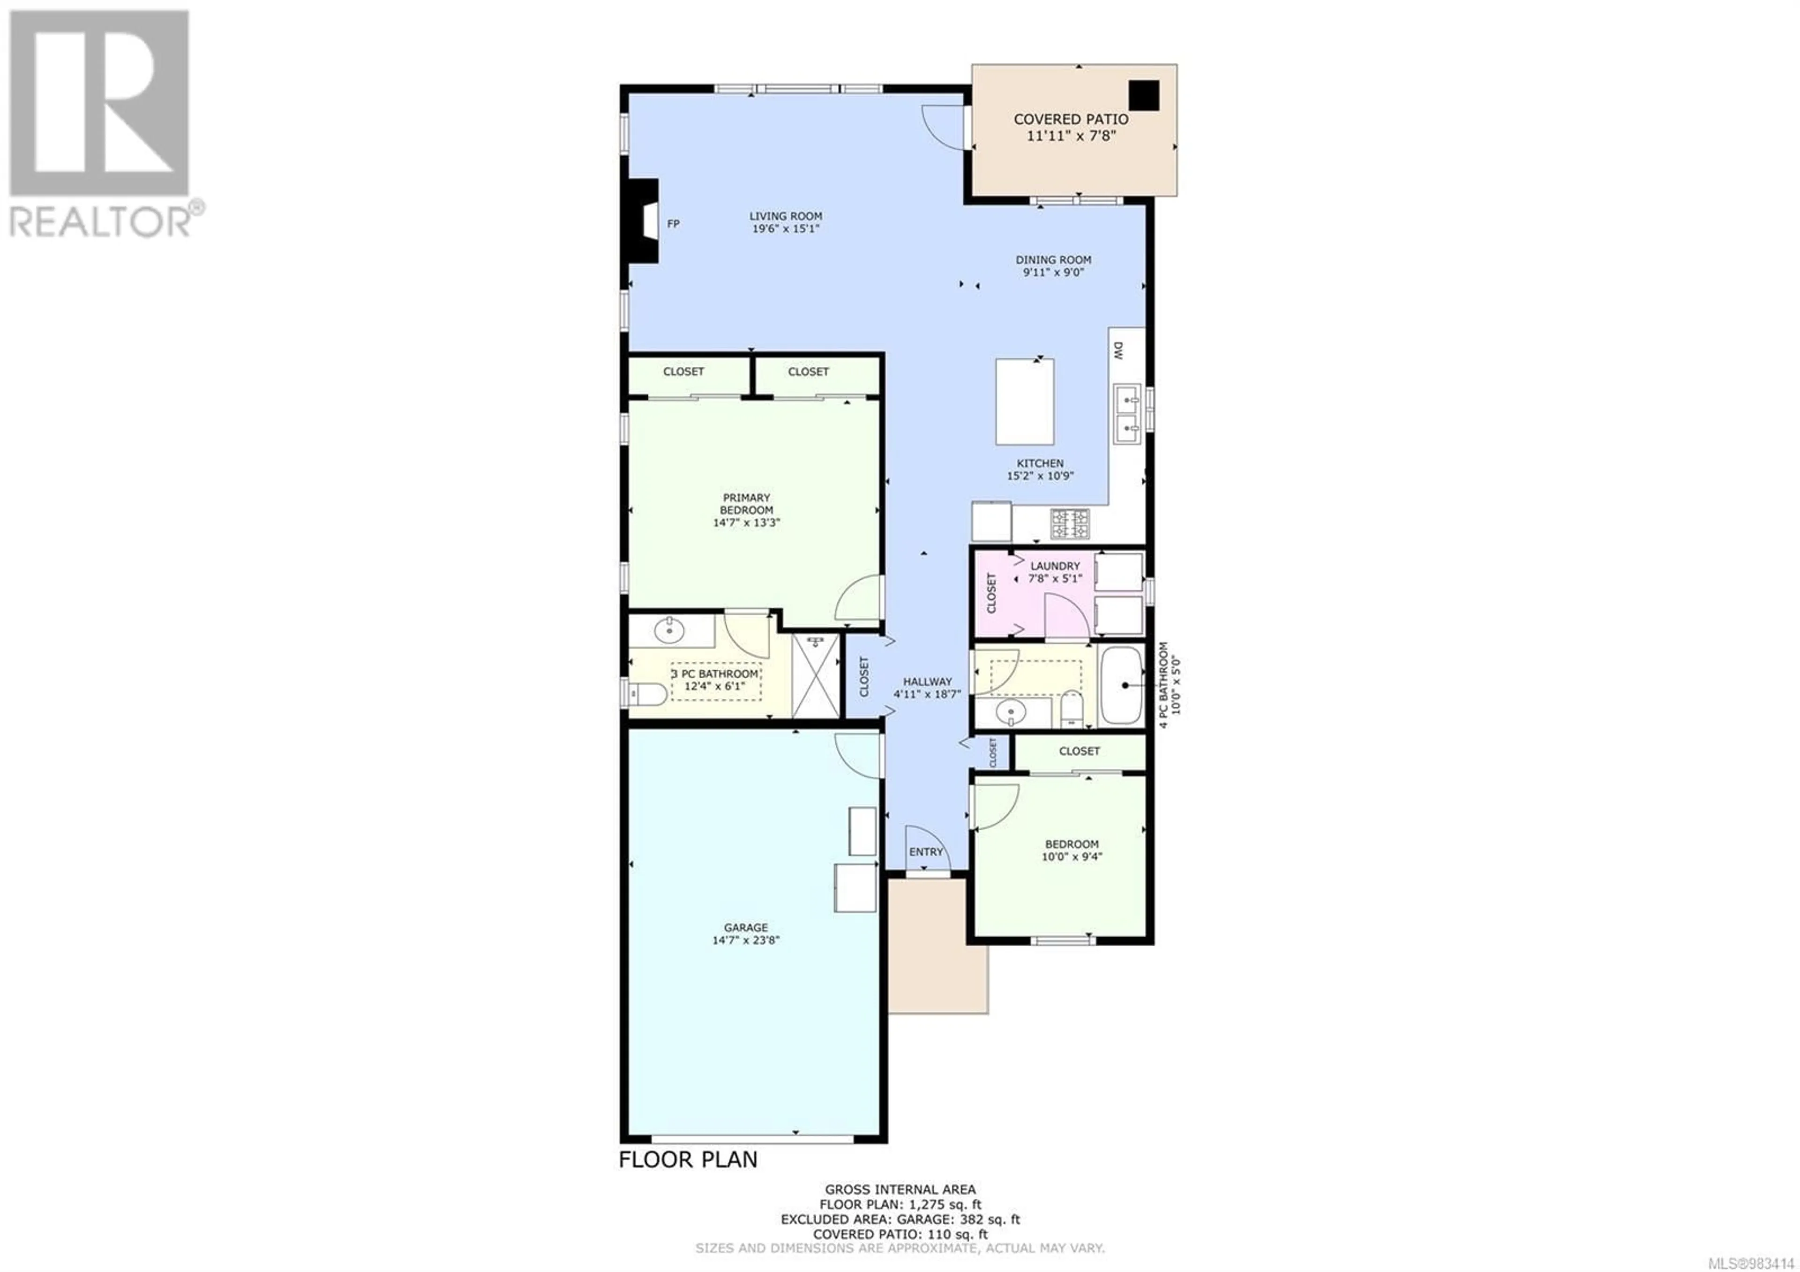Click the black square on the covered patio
coord(1144,96)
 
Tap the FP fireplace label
coord(673,224)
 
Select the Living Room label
coord(786,216)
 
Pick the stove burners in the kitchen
coord(1070,523)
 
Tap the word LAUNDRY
coord(1055,566)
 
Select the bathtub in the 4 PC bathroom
coord(1122,685)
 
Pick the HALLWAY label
coord(928,681)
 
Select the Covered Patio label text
coord(1071,119)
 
